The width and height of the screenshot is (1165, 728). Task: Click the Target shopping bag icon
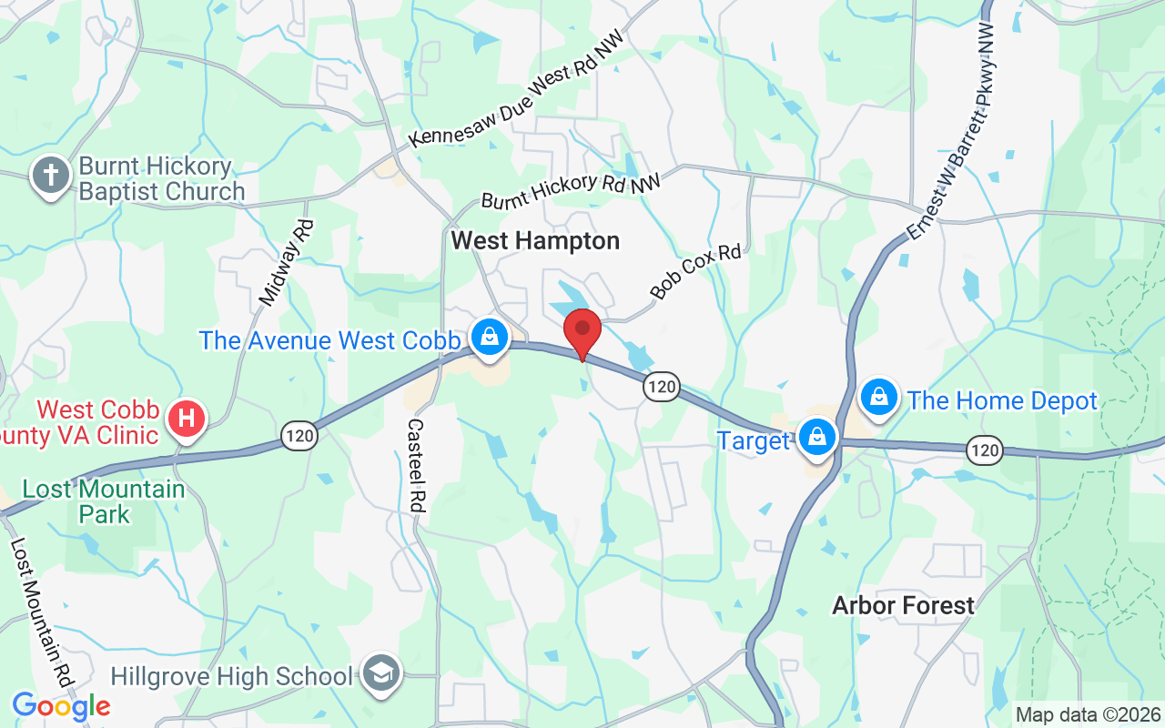tap(817, 438)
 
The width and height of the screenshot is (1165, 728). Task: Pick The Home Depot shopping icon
tap(879, 397)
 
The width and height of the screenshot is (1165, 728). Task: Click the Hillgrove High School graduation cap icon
tap(380, 673)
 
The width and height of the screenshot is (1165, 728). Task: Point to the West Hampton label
tap(535, 241)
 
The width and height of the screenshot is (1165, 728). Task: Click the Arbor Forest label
tap(903, 605)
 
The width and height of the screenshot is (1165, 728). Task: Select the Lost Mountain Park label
tap(104, 501)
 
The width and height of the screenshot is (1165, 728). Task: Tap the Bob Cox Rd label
tap(696, 271)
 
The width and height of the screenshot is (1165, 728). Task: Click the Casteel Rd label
tap(417, 464)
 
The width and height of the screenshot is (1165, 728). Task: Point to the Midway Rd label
tap(287, 261)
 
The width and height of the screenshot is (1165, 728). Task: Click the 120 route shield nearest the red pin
tap(662, 387)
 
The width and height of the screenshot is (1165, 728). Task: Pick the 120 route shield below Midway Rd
tap(299, 436)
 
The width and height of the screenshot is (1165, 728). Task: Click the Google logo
tap(61, 705)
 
